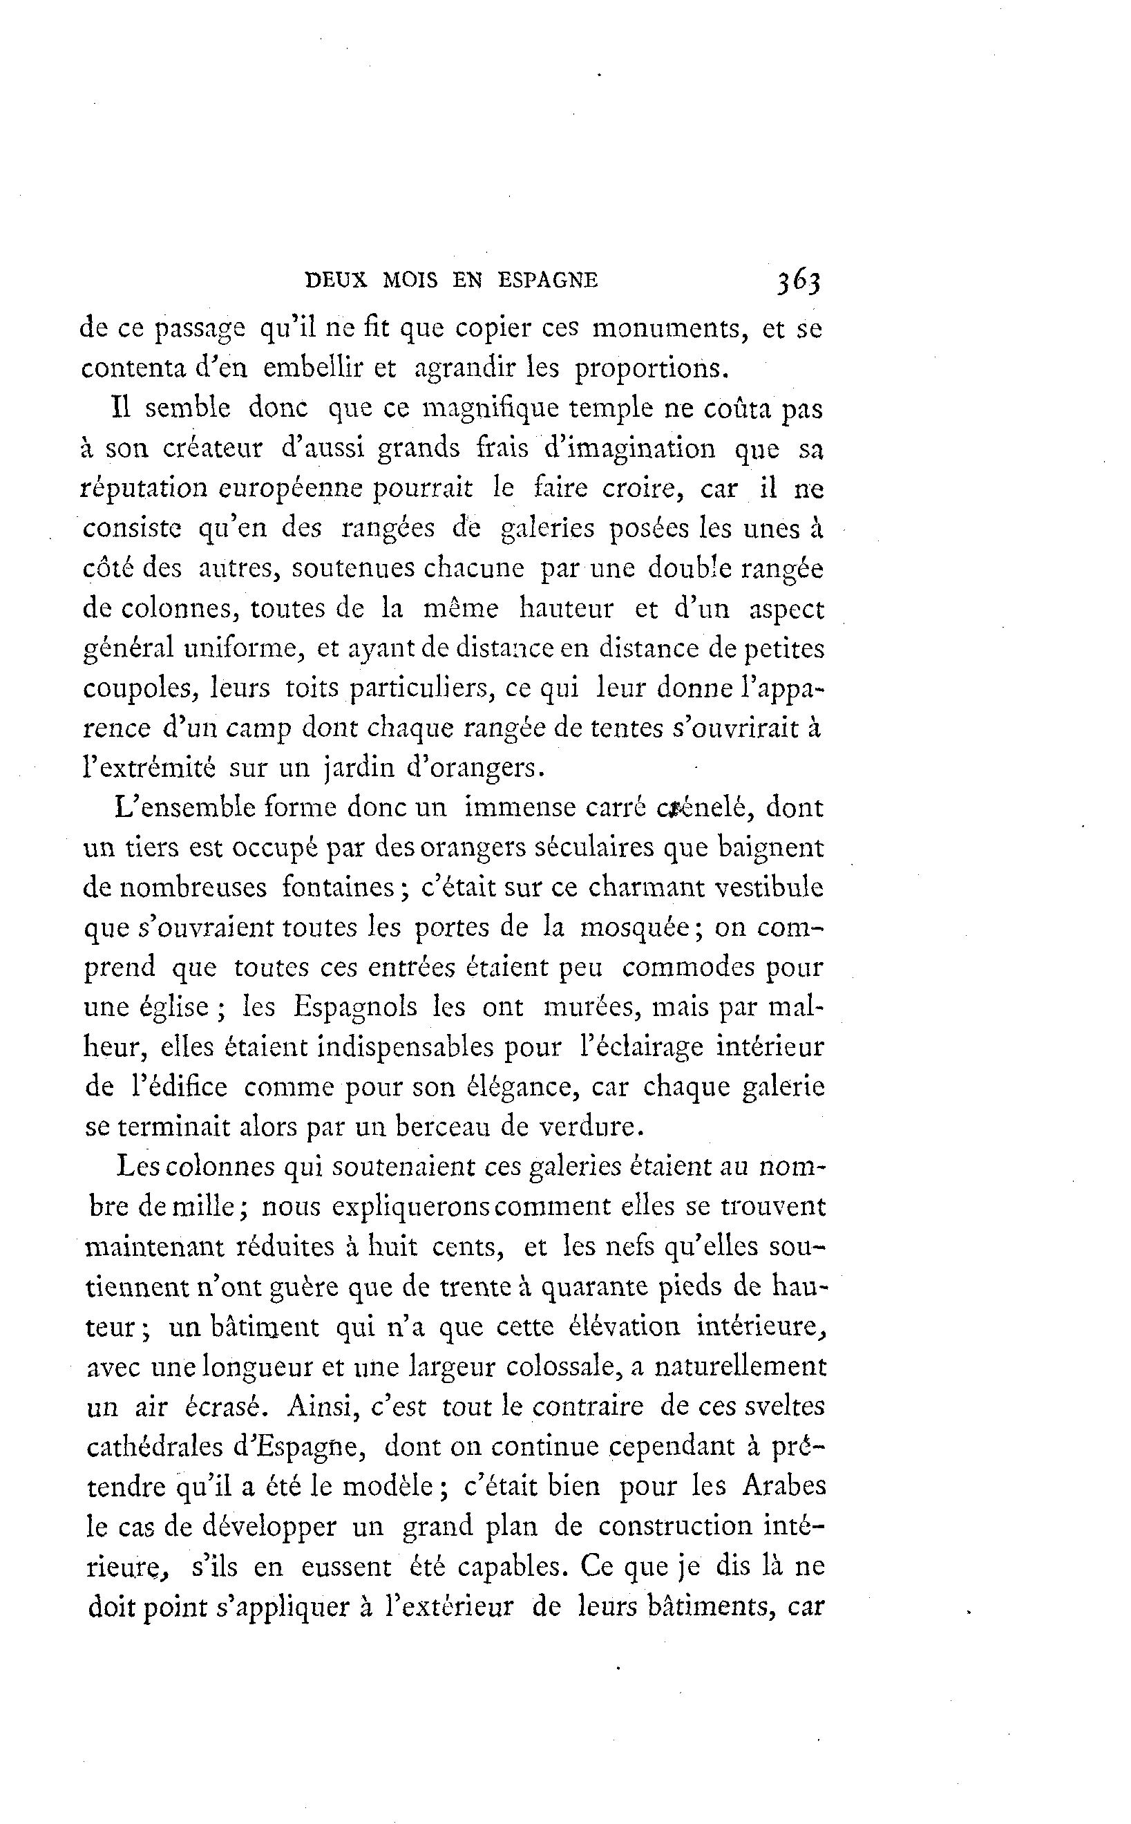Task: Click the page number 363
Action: [x=799, y=281]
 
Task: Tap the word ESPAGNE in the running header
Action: [x=548, y=281]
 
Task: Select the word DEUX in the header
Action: [x=336, y=281]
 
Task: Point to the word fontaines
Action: [x=344, y=888]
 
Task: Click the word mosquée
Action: [x=640, y=928]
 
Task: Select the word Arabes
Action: [x=783, y=1487]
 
